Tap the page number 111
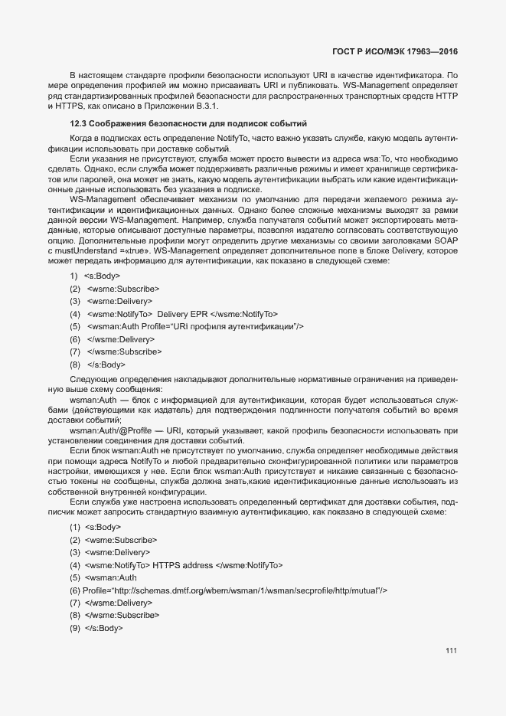[451, 651]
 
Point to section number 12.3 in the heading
[77, 123]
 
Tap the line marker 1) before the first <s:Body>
[74, 276]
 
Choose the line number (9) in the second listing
[75, 628]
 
